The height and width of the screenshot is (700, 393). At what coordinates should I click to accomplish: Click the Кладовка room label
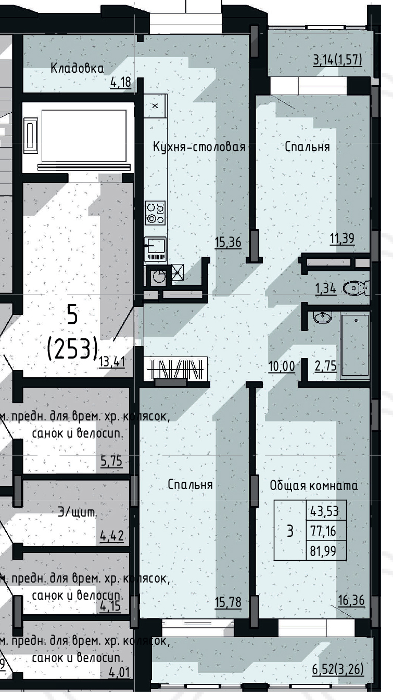pos(77,68)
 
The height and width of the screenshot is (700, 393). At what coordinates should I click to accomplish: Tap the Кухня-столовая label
pos(199,147)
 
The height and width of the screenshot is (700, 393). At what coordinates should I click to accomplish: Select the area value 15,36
pos(227,241)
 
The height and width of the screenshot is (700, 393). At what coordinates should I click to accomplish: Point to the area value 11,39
pos(342,239)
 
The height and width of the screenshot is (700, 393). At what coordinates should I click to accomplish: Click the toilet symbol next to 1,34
pos(359,287)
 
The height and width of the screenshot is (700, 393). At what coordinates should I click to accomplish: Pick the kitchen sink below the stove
pos(155,245)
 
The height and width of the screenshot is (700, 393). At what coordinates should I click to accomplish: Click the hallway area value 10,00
pos(282,366)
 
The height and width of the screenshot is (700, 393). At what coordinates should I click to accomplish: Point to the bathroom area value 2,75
pos(326,366)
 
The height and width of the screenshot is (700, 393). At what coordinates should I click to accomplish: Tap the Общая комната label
pos(314,486)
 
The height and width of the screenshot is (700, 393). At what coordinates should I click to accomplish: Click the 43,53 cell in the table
pos(324,512)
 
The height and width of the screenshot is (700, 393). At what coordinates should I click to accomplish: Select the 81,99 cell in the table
pos(324,551)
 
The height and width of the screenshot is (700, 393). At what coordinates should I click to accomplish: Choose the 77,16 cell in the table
pos(324,531)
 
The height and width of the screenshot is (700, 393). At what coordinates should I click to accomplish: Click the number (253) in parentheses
pos(73,349)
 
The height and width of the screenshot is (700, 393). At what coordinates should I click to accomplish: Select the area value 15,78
pos(227,602)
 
